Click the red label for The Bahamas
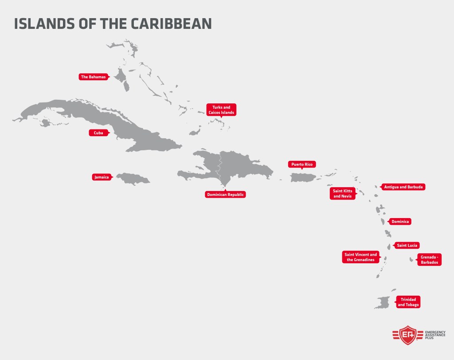pos(94,77)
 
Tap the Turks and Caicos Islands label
pos(221,110)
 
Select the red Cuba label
pos(98,133)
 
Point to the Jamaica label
pos(101,177)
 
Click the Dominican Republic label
pos(226,194)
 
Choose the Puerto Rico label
pos(302,164)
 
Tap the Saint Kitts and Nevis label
pos(343,193)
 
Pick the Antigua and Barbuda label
pos(404,187)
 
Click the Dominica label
pos(400,221)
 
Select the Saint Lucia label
pos(407,245)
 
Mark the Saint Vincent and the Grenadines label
pos(360,257)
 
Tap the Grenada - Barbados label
pos(429,259)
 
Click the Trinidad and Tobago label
pos(408,302)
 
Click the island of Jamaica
pos(133,179)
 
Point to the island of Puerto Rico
pos(302,177)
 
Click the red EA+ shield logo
pos(407,334)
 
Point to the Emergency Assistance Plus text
pos(437,334)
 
